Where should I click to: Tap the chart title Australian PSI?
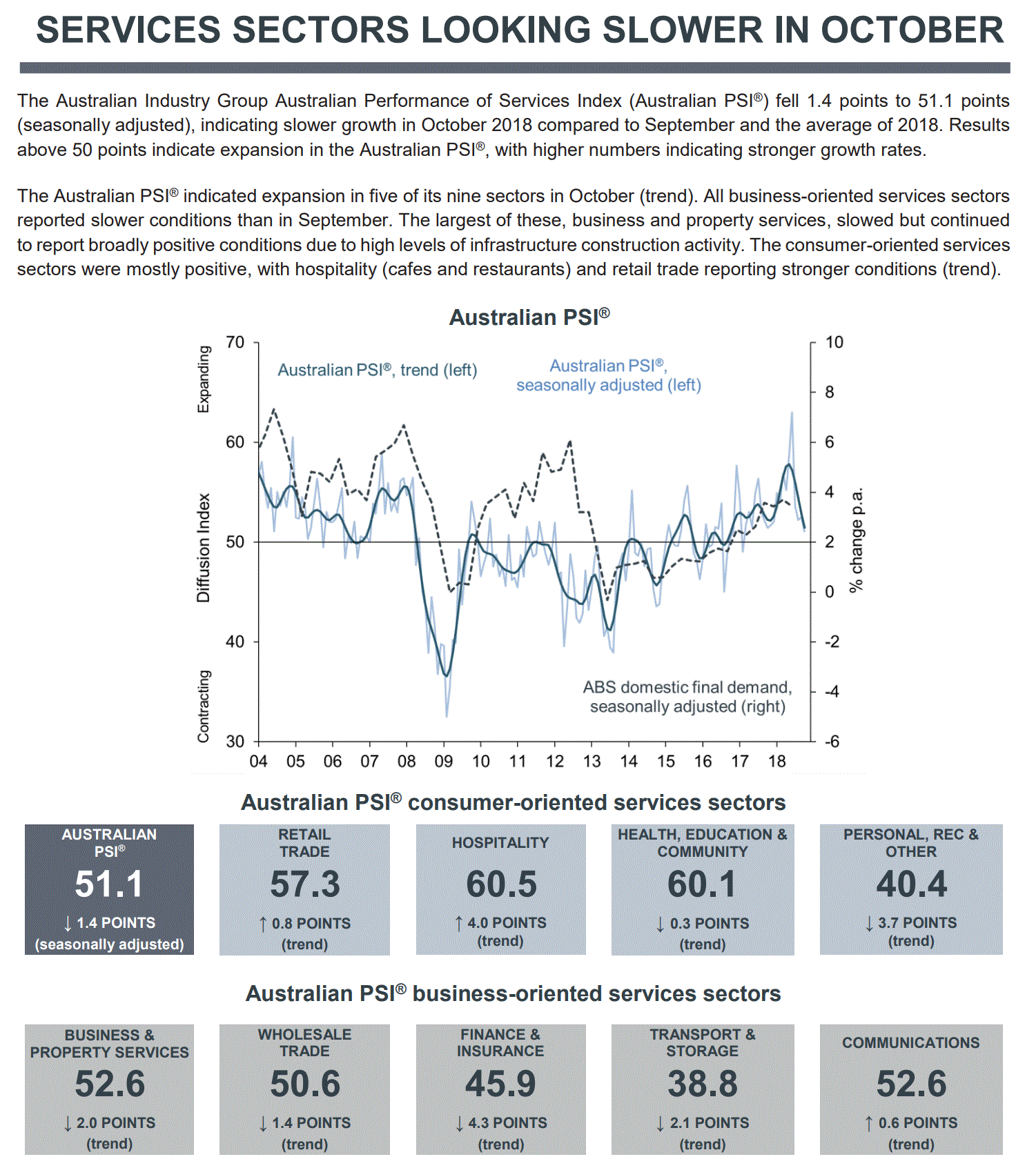pyautogui.click(x=529, y=317)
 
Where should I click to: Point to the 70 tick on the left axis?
pyautogui.click(x=235, y=342)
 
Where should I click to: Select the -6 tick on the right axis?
pyautogui.click(x=832, y=742)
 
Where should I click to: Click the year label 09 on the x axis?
pyautogui.click(x=443, y=762)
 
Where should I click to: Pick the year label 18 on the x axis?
pyautogui.click(x=776, y=762)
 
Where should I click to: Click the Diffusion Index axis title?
pyautogui.click(x=203, y=547)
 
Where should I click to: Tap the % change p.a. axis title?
pyautogui.click(x=856, y=540)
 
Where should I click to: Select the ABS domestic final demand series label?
pyautogui.click(x=687, y=697)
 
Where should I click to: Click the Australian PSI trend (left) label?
pyautogui.click(x=377, y=370)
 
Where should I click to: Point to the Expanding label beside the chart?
pyautogui.click(x=203, y=379)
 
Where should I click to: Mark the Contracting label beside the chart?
pyautogui.click(x=203, y=706)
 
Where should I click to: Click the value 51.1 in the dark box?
pyautogui.click(x=109, y=884)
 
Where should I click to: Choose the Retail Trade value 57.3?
pyautogui.click(x=304, y=884)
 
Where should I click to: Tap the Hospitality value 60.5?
pyautogui.click(x=500, y=884)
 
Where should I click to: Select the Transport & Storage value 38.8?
pyautogui.click(x=702, y=1084)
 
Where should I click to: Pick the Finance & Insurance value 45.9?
pyautogui.click(x=500, y=1084)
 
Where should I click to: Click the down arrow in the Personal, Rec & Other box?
pyautogui.click(x=869, y=924)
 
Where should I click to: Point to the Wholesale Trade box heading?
pyautogui.click(x=304, y=1042)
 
